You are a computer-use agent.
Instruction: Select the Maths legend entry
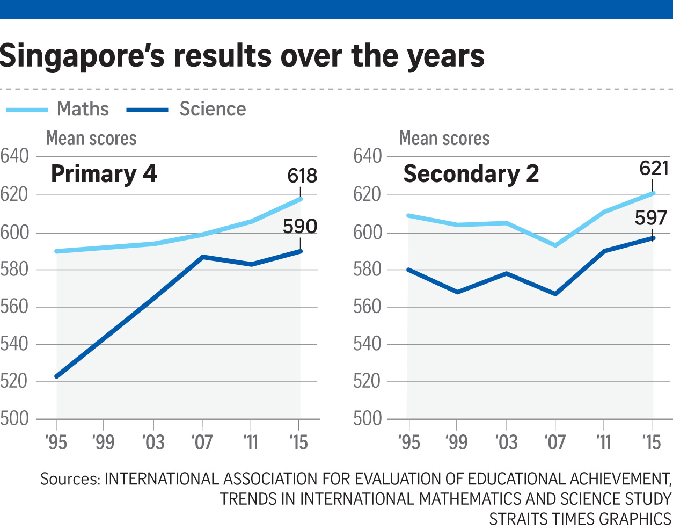click(83, 109)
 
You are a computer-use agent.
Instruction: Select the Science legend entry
click(213, 109)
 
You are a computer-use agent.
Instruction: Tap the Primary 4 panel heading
click(104, 174)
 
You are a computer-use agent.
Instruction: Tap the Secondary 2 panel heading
click(471, 174)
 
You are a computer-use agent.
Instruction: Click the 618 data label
click(302, 176)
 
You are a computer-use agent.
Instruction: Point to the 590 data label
click(300, 227)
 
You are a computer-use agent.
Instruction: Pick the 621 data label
click(654, 169)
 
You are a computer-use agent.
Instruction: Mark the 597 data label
click(651, 218)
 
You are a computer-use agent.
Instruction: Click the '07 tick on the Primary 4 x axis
click(202, 442)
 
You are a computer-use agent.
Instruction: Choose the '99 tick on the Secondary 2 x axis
click(457, 442)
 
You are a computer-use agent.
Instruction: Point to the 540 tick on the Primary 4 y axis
click(14, 344)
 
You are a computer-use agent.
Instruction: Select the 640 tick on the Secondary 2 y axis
click(368, 157)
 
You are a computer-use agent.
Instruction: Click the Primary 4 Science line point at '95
click(57, 376)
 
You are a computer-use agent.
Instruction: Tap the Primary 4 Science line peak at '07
click(202, 257)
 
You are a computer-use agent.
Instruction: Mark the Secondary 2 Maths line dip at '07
click(555, 245)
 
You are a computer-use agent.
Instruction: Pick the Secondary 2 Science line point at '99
click(457, 292)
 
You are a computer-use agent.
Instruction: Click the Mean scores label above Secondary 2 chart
click(444, 139)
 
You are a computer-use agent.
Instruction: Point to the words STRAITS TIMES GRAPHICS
click(580, 519)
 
